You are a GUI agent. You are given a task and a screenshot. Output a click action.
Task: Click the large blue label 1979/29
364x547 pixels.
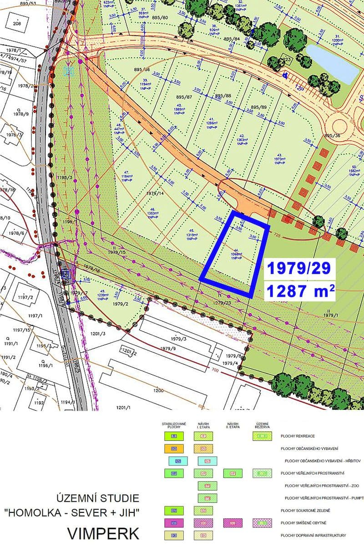point(301,268)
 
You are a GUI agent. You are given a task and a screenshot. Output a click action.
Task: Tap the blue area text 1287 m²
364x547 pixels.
point(301,291)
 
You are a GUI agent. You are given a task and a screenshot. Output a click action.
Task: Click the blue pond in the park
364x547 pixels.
point(333,63)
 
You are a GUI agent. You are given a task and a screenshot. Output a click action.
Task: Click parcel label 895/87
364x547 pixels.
point(186,97)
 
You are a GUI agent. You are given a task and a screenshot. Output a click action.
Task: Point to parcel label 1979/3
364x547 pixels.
point(178,339)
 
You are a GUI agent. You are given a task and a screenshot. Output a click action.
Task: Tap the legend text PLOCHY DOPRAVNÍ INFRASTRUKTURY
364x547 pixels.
point(313,535)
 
